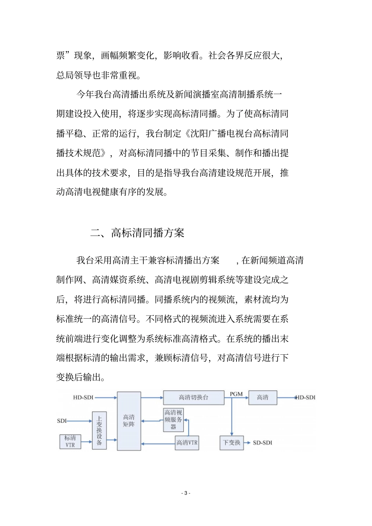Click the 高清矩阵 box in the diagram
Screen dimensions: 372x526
click(x=129, y=421)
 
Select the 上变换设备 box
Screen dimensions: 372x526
click(x=99, y=430)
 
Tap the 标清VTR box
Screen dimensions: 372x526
click(x=70, y=441)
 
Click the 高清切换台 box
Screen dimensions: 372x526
click(x=193, y=397)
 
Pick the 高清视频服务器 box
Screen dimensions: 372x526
click(x=173, y=420)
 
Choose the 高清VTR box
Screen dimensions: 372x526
click(x=187, y=443)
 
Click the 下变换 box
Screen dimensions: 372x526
click(x=231, y=443)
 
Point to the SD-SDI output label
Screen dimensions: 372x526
click(x=262, y=443)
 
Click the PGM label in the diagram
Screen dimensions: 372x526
click(x=236, y=394)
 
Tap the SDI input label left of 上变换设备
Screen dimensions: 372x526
click(x=62, y=421)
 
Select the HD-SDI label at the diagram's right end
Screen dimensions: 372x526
click(x=305, y=397)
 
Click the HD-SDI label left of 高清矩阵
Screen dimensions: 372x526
click(x=83, y=397)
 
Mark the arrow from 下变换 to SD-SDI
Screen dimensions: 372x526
click(x=247, y=443)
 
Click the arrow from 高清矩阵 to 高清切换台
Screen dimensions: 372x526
click(x=152, y=398)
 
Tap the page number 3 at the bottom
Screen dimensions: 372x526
click(x=186, y=493)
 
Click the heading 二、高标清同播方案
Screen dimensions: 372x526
click(x=137, y=233)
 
